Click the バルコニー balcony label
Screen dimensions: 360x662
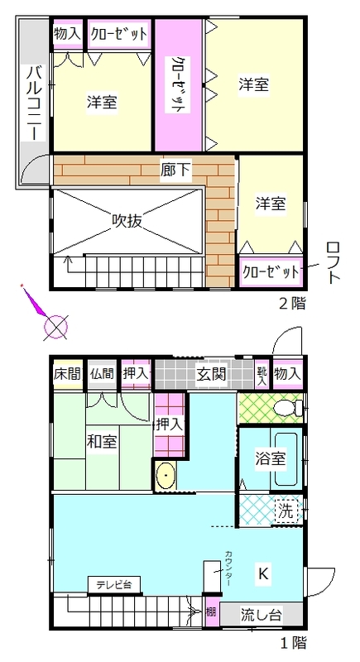[35, 103]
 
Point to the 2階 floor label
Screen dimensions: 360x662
[292, 303]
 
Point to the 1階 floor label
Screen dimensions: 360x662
[292, 643]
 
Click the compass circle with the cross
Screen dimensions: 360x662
[56, 327]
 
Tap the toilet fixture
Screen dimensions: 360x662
[288, 408]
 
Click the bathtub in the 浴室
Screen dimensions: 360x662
[286, 459]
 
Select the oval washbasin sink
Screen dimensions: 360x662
[165, 475]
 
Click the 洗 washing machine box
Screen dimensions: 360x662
[286, 511]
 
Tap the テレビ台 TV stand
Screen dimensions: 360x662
[114, 585]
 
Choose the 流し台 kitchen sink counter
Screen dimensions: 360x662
[262, 614]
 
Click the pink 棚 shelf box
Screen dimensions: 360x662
[211, 611]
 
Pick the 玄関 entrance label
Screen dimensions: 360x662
[211, 374]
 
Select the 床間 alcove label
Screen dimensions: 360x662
[68, 374]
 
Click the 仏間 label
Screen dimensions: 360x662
[103, 374]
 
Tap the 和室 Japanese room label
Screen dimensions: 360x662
[102, 442]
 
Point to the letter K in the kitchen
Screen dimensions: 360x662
[263, 573]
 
